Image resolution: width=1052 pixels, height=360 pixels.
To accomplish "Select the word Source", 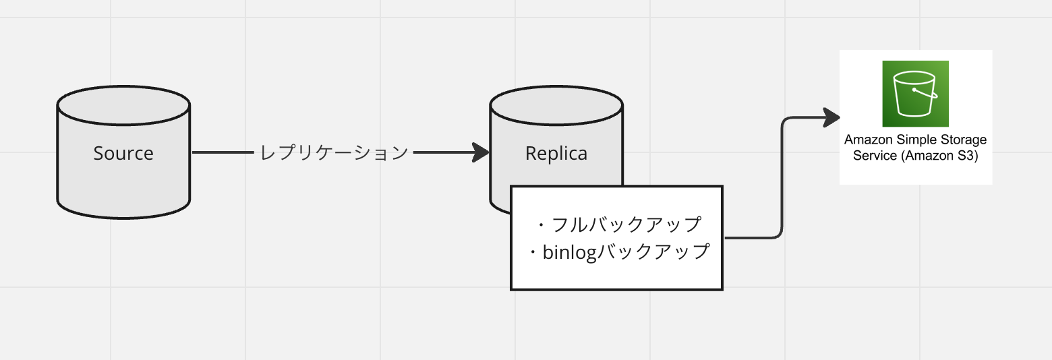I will coord(123,154).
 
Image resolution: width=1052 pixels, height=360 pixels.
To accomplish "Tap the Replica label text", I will coord(556,154).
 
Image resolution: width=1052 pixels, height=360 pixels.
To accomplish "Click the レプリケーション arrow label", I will coord(334,153).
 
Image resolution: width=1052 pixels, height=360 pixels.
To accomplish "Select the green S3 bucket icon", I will coord(915,94).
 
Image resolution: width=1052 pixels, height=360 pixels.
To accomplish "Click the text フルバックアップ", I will coord(626,224).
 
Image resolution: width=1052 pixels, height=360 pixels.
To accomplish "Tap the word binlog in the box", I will coord(570,252).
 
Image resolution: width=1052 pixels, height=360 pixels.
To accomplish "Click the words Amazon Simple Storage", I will coord(915,140).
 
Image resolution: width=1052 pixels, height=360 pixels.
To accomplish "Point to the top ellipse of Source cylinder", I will coord(123,104).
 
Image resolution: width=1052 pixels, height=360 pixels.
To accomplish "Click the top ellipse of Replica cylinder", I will coord(556,104).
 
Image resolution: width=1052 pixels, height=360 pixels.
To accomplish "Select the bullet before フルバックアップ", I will coord(542,224).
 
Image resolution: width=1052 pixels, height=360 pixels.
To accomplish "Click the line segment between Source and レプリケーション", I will coord(223,153).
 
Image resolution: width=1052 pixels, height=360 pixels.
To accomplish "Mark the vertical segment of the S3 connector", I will coord(782,179).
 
